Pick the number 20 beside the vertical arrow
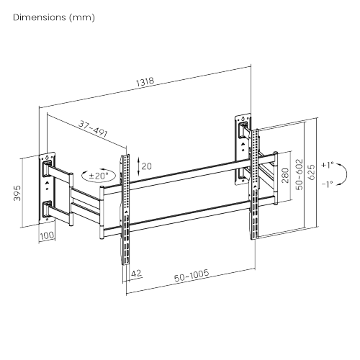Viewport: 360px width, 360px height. [x=147, y=166]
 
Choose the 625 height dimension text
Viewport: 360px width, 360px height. [x=311, y=173]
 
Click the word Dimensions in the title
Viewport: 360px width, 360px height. [x=41, y=16]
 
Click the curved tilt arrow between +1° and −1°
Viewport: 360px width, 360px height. [x=345, y=174]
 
